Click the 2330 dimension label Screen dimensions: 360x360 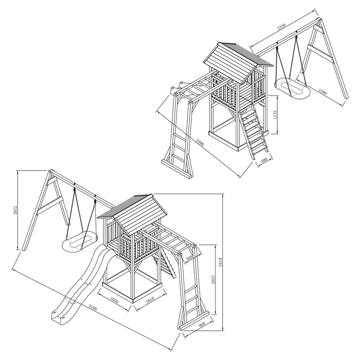click(x=281, y=27)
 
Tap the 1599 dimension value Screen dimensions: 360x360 click(x=322, y=91)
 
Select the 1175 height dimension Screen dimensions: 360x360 click(x=275, y=115)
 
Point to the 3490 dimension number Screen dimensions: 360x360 click(x=199, y=142)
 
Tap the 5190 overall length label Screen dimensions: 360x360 click(x=92, y=307)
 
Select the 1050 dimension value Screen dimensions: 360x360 click(x=114, y=300)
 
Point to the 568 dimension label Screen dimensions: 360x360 click(x=189, y=257)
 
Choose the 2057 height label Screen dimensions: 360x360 click(x=213, y=279)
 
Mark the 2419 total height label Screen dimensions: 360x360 click(x=220, y=262)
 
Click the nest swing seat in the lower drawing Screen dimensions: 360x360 click(x=80, y=241)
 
